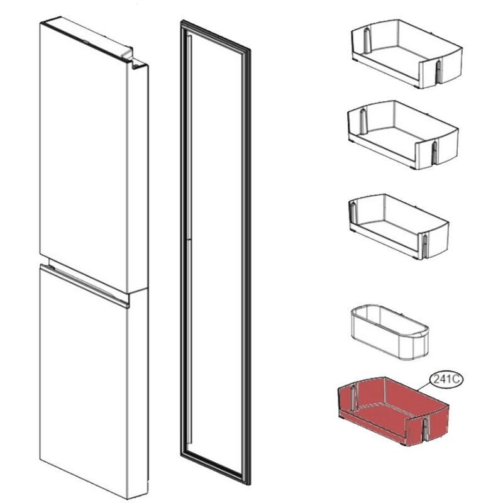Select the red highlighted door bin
click(394, 411)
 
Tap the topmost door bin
click(407, 54)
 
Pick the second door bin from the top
click(403, 135)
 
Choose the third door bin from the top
click(399, 226)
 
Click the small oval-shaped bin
click(389, 333)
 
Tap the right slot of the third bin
click(425, 243)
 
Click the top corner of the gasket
click(182, 22)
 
